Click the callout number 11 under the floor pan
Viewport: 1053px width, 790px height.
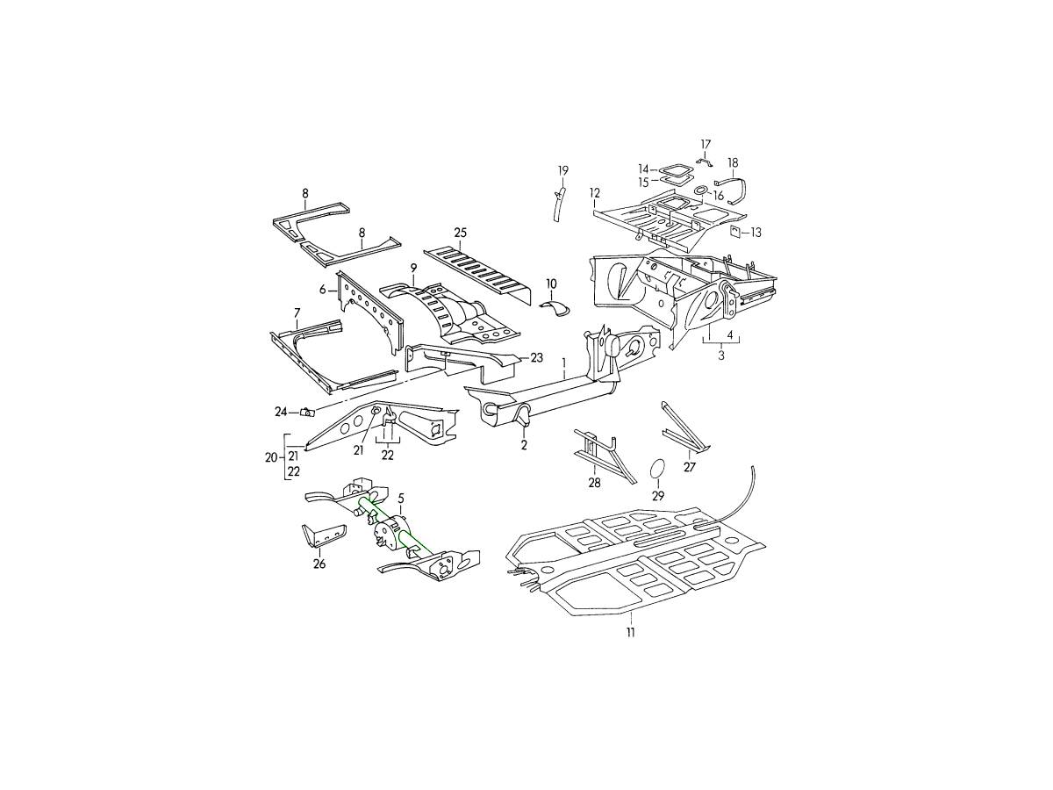click(x=630, y=632)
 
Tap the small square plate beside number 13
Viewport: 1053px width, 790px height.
click(x=734, y=232)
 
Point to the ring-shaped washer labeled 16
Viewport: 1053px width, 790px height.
click(x=700, y=190)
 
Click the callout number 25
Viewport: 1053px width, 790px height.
click(x=460, y=233)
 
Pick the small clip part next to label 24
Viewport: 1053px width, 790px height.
click(x=307, y=412)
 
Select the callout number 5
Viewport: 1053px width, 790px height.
click(x=401, y=499)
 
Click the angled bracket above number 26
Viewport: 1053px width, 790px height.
click(x=320, y=535)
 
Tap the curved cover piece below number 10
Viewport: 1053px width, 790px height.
click(x=555, y=309)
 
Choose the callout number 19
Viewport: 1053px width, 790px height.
click(x=563, y=171)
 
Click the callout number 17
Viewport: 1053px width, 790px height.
click(x=706, y=144)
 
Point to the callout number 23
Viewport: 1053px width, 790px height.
click(x=536, y=357)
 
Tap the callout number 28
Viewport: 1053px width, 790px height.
click(x=594, y=482)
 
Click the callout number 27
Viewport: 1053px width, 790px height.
click(x=690, y=467)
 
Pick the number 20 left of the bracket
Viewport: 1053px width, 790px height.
click(x=271, y=457)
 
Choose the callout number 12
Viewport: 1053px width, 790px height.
click(x=595, y=193)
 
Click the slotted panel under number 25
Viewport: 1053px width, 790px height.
click(x=477, y=276)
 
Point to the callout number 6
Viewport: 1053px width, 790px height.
click(x=322, y=290)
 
